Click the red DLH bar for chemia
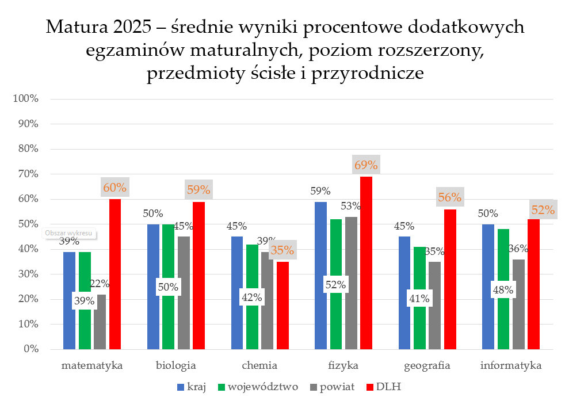(x=282, y=305)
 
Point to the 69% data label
(x=366, y=166)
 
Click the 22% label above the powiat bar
(x=100, y=283)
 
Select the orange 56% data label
(x=449, y=197)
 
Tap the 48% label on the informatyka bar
(x=503, y=289)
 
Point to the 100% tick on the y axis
(x=25, y=98)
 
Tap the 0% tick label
(x=30, y=349)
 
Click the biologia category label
(x=176, y=365)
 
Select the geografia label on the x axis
(x=427, y=365)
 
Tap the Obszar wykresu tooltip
(x=68, y=234)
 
